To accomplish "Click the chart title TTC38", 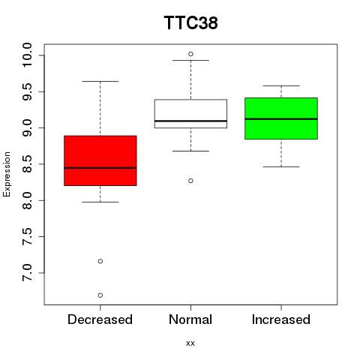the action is tap(190, 22).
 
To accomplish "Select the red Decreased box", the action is tap(100, 160).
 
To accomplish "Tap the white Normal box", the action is tap(190, 114).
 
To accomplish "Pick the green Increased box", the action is tap(281, 118).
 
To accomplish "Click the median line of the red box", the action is tap(100, 168).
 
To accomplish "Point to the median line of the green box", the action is tap(281, 119).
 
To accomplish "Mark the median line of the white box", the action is tap(190, 121).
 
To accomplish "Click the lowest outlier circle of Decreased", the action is tap(100, 295).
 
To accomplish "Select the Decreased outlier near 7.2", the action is tap(100, 261).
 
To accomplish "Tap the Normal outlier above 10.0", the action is tap(190, 54).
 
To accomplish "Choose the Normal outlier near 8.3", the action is tap(190, 181).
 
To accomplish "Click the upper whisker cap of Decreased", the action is tap(100, 81).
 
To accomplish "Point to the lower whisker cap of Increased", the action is tap(281, 166).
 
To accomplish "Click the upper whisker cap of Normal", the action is tap(190, 60).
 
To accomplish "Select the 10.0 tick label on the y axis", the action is tap(27, 55).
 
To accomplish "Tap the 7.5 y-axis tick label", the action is tap(27, 236).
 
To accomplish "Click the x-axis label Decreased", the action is tap(100, 319).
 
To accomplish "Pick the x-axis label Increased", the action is tap(281, 319).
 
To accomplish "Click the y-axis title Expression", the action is tap(7, 174).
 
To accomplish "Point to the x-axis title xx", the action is tap(190, 343).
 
